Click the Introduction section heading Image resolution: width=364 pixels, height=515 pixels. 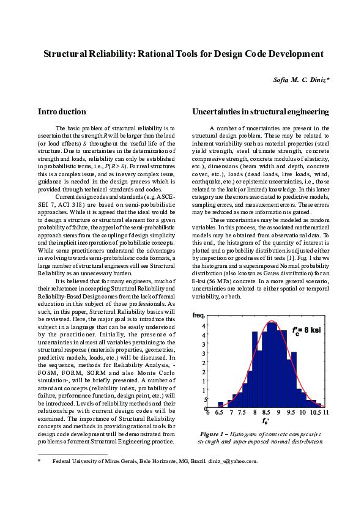click(x=62, y=112)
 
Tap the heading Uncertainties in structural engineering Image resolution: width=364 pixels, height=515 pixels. click(x=260, y=112)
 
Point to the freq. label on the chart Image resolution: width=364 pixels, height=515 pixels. click(x=198, y=316)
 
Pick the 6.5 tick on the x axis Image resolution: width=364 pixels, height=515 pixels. click(x=219, y=413)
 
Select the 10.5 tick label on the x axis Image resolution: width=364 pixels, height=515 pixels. click(x=314, y=413)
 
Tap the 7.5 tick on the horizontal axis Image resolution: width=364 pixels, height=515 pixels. click(x=243, y=413)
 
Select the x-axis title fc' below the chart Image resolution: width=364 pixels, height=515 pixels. click(x=266, y=421)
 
